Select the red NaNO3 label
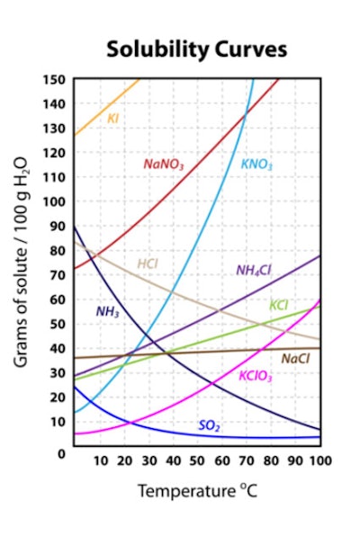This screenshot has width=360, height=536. click(x=164, y=165)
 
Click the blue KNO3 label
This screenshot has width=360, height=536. click(x=256, y=165)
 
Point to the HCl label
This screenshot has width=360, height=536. click(x=148, y=264)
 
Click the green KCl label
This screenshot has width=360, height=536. click(x=279, y=305)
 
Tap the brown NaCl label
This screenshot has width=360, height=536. click(x=295, y=358)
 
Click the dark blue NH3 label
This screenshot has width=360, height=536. click(x=108, y=312)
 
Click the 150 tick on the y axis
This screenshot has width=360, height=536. click(x=54, y=80)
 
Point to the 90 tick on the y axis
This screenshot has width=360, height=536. click(x=58, y=227)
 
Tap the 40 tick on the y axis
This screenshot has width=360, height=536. click(x=58, y=348)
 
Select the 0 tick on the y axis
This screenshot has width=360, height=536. click(x=61, y=452)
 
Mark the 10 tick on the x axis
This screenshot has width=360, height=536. click(x=101, y=460)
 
